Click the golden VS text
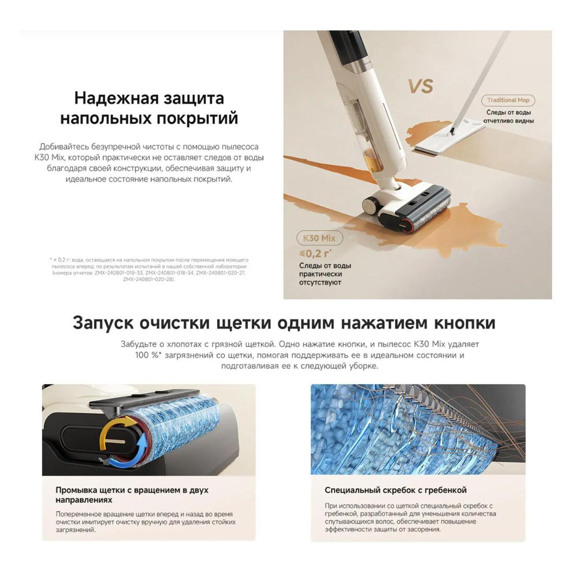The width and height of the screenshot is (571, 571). pos(420,86)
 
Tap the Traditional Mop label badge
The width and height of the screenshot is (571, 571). pos(508,100)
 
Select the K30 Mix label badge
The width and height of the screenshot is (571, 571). pos(319,238)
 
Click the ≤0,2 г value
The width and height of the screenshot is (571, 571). pos(315,253)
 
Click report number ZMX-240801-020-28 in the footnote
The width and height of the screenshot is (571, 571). pos(149,279)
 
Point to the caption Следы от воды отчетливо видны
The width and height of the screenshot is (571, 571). pos(509,116)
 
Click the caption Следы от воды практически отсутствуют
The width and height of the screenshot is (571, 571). pos(325,274)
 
